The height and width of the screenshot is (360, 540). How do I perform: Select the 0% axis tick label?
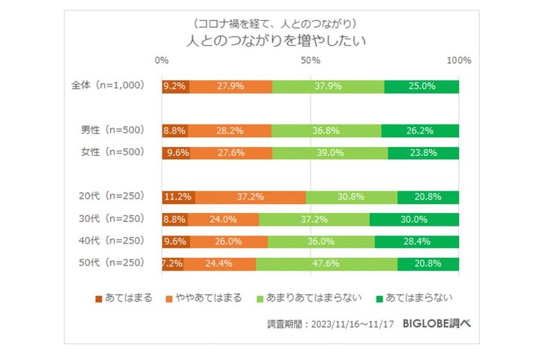click(x=162, y=60)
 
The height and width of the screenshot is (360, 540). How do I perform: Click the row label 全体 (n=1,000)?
click(x=111, y=85)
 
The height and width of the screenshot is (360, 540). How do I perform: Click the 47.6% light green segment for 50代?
click(x=326, y=264)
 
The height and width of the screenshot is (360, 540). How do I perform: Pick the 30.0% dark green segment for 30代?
click(x=414, y=220)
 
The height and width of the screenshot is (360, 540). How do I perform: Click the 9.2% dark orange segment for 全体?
click(x=175, y=86)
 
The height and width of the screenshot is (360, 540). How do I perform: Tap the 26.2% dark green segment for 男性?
click(x=420, y=130)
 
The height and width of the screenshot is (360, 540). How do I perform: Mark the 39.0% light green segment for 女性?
click(x=330, y=153)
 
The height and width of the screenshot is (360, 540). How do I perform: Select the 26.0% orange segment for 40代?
click(x=229, y=241)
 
